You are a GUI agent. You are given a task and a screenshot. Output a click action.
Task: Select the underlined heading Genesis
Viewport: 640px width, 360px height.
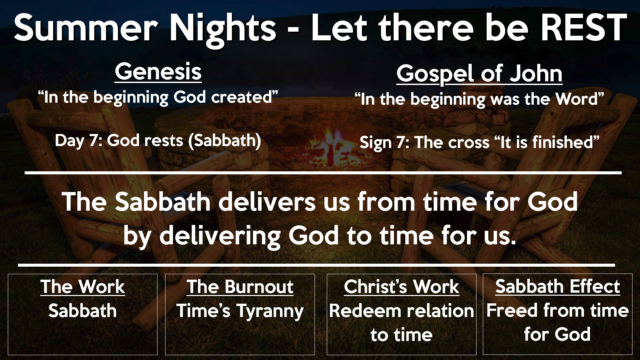(x=158, y=72)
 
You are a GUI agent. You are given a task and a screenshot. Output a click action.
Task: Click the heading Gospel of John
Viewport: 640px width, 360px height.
(x=479, y=74)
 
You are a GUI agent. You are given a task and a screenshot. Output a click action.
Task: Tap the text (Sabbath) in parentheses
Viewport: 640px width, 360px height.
(x=224, y=141)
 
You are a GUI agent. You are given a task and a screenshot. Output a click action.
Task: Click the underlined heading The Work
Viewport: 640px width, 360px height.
(x=83, y=286)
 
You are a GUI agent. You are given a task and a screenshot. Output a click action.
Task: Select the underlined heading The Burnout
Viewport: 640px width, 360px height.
(x=240, y=286)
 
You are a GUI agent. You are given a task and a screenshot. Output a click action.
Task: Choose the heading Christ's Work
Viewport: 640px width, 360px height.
(x=401, y=286)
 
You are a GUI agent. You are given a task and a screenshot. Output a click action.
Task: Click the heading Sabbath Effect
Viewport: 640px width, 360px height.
(x=558, y=286)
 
